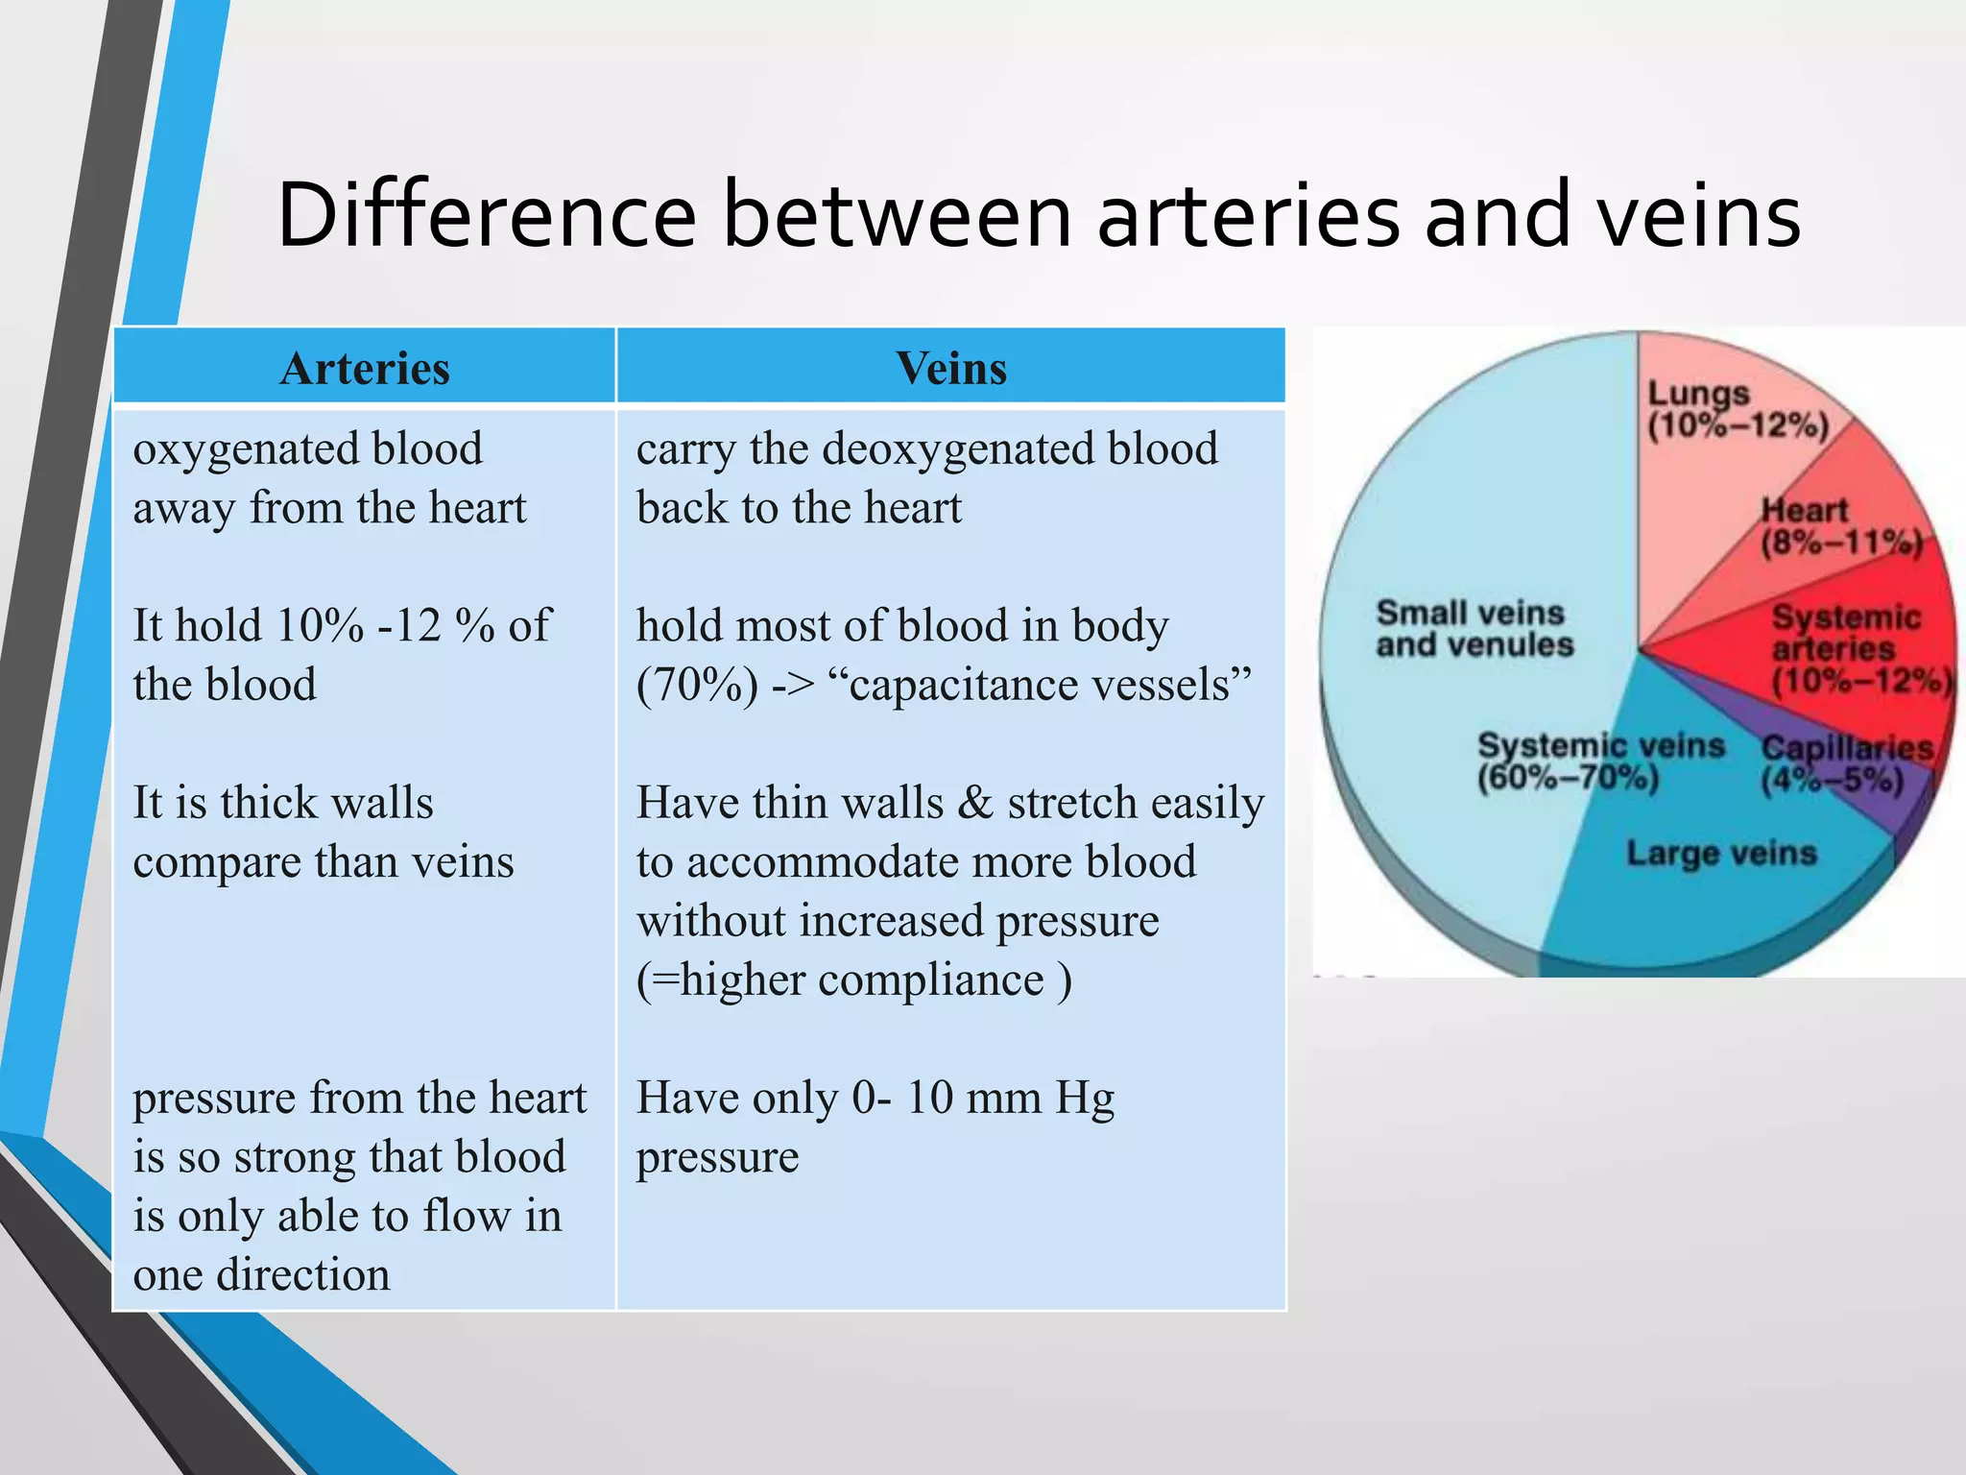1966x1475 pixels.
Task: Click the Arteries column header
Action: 365,369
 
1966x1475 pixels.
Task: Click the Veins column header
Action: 950,369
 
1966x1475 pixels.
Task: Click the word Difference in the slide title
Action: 486,215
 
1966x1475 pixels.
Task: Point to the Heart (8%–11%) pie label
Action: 1839,526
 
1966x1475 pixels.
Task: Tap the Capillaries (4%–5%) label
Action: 1845,764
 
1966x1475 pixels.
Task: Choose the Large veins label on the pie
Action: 1721,853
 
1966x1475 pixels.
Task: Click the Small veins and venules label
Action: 1474,628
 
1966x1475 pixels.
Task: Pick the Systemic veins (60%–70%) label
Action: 1599,761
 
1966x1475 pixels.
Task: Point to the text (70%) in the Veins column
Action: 697,686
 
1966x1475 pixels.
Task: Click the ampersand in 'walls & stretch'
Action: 975,803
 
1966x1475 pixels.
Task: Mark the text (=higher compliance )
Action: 853,980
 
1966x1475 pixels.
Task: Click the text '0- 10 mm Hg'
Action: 982,1098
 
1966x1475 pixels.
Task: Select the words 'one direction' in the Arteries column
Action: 261,1275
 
